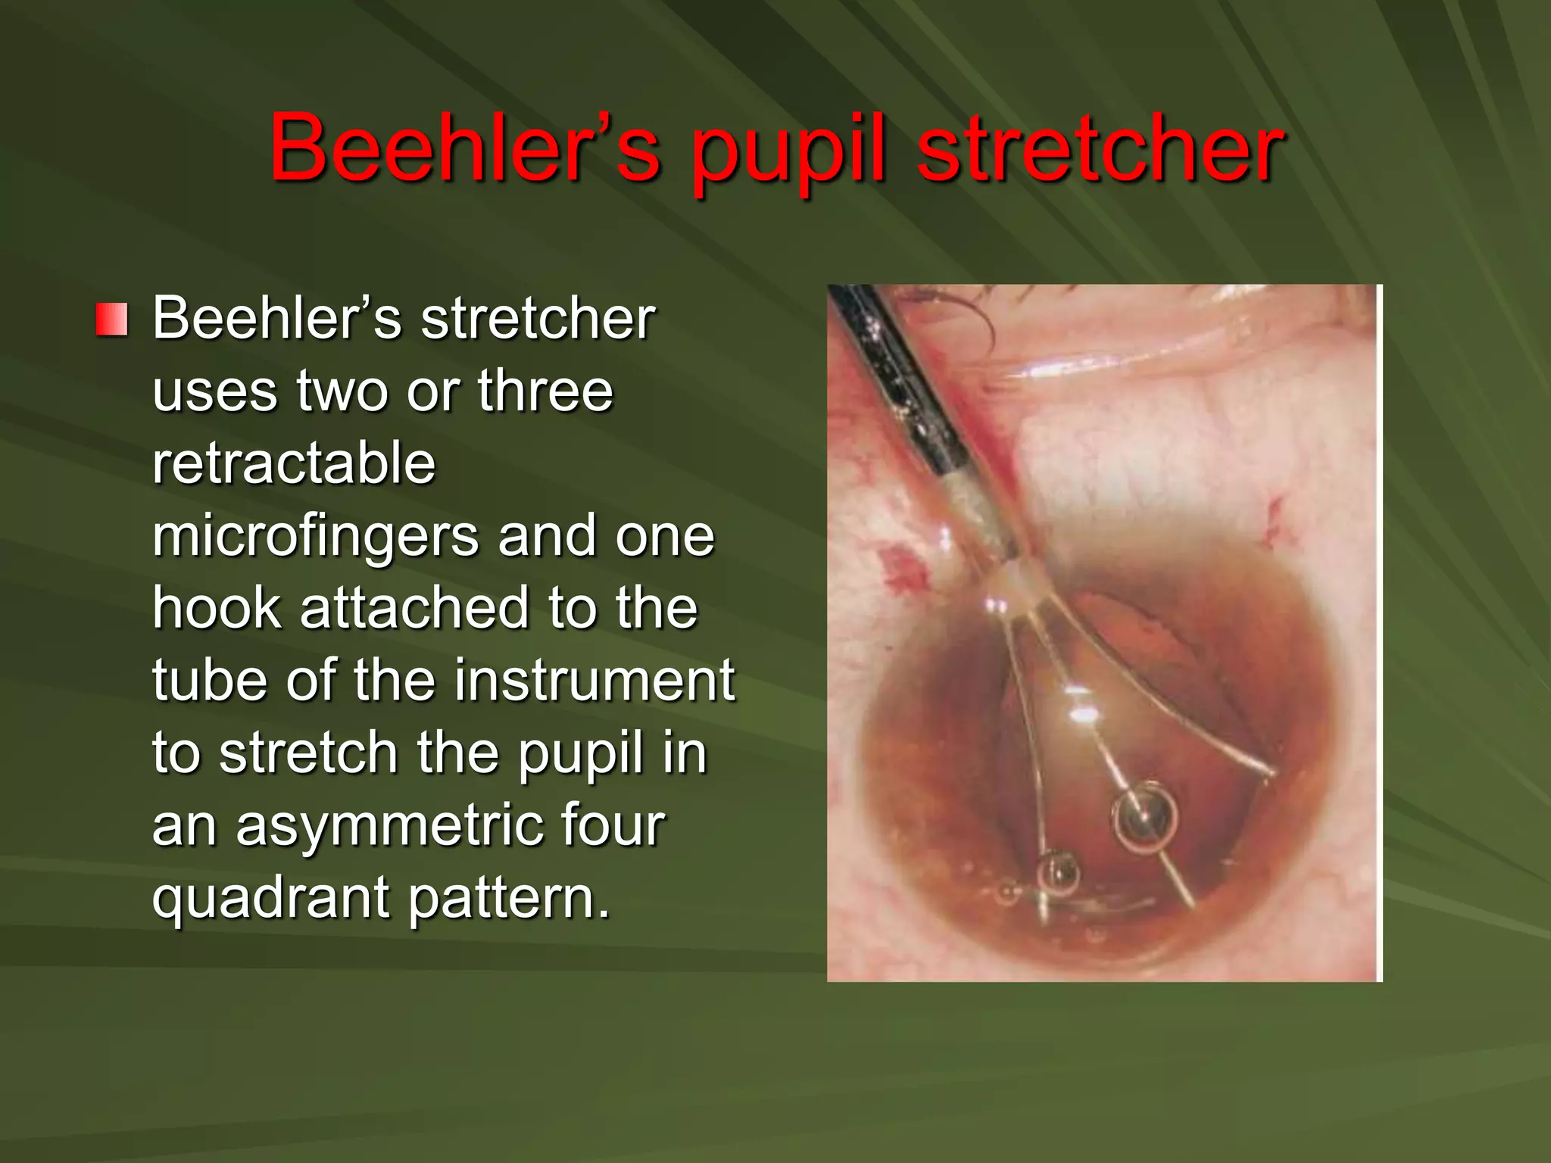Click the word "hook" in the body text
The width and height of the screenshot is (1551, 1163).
click(217, 608)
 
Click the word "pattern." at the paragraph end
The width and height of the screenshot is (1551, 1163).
click(510, 897)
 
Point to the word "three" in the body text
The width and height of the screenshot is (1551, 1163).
click(545, 391)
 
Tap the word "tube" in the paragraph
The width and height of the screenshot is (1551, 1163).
click(208, 680)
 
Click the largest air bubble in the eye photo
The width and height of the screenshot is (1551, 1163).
click(1144, 816)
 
